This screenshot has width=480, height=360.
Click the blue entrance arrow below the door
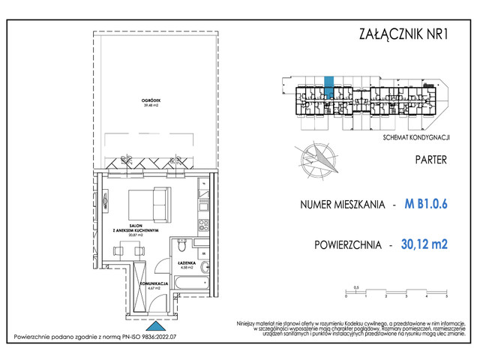click(x=154, y=327)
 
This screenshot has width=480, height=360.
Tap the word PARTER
click(x=430, y=160)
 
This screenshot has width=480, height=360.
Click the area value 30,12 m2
click(x=424, y=244)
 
